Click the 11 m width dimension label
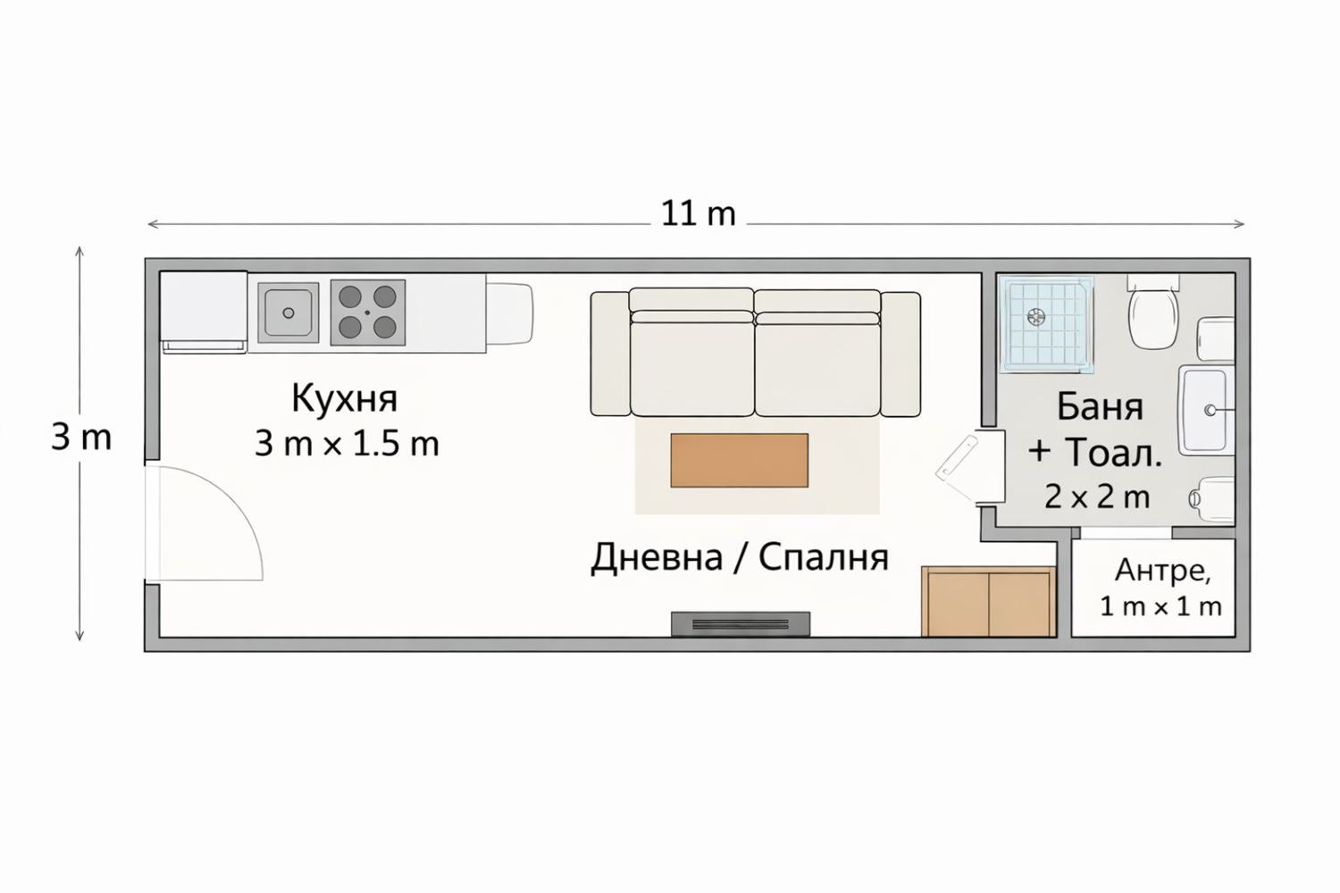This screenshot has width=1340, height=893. tap(698, 214)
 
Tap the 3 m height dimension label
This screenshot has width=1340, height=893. tap(81, 438)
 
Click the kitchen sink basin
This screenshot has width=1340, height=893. tap(288, 313)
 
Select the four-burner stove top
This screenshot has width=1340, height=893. tap(367, 313)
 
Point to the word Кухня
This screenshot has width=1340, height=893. tap(344, 398)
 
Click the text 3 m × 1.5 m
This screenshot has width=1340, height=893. tap(347, 444)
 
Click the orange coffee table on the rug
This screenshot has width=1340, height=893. tap(739, 460)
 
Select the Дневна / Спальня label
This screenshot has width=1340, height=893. tap(739, 557)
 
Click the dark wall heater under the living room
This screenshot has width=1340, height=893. tap(741, 623)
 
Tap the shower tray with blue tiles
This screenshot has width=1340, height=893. tap(1046, 323)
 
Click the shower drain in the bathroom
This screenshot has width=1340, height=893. tap(1035, 315)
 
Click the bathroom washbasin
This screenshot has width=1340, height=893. tap(1205, 410)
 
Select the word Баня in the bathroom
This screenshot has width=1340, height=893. tap(1100, 406)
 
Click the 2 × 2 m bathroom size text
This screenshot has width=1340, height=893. tap(1097, 497)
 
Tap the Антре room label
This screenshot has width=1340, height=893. tap(1162, 569)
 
